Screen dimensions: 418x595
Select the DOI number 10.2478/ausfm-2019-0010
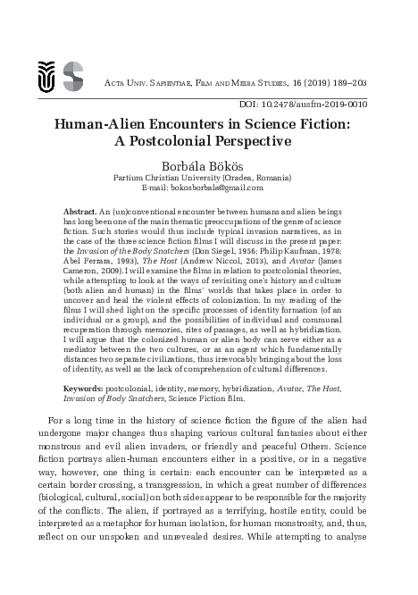(321, 104)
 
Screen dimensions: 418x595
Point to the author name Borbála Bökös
(209, 165)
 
